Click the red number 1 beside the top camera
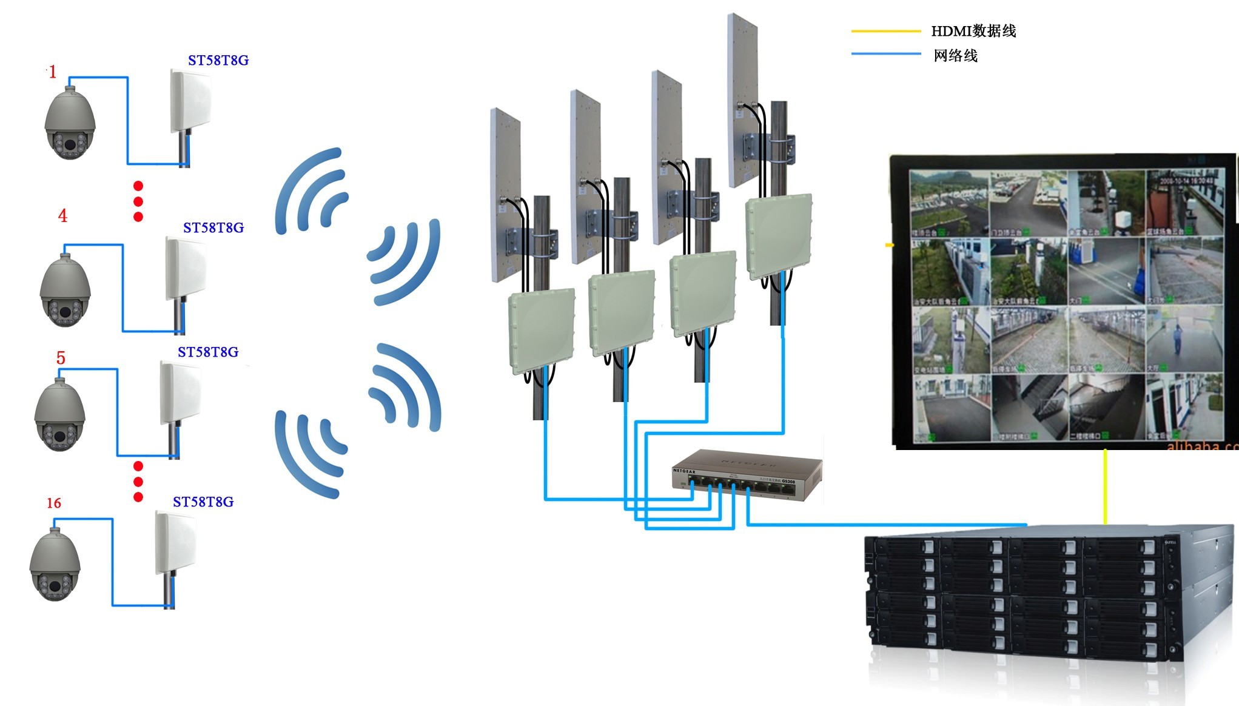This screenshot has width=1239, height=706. (53, 72)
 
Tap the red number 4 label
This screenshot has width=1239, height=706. (62, 216)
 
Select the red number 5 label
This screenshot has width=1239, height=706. (61, 358)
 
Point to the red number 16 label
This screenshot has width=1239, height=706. (54, 503)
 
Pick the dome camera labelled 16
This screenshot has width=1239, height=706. (55, 565)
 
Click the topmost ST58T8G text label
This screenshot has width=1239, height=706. (218, 61)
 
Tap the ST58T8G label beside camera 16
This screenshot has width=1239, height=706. (203, 502)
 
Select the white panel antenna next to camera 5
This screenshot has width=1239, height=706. (181, 393)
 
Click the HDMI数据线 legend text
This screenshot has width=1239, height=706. (973, 31)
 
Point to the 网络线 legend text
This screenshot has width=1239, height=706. (956, 56)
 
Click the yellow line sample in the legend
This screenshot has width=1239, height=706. (885, 30)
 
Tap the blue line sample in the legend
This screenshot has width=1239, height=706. (885, 54)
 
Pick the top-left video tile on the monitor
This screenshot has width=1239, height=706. (950, 204)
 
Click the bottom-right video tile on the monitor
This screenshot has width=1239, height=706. (1184, 406)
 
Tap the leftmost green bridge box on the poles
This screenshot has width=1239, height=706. (542, 331)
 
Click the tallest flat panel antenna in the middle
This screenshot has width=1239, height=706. (742, 100)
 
